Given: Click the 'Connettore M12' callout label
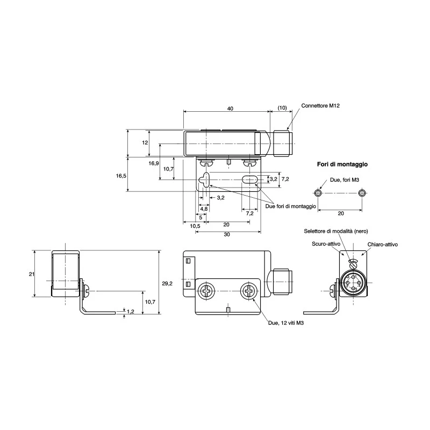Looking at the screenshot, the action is (320, 105).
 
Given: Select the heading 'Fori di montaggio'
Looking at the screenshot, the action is (342, 164).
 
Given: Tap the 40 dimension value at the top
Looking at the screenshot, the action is (230, 109).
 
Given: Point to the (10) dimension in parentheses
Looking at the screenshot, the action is (282, 108).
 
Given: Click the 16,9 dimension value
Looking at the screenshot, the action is (154, 163).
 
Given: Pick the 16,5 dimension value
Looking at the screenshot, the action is (121, 176).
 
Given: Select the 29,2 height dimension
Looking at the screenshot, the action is (167, 284).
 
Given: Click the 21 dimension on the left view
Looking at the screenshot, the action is (32, 274).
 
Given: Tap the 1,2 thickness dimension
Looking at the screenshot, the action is (131, 311).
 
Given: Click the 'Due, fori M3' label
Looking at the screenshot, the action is (345, 180).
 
